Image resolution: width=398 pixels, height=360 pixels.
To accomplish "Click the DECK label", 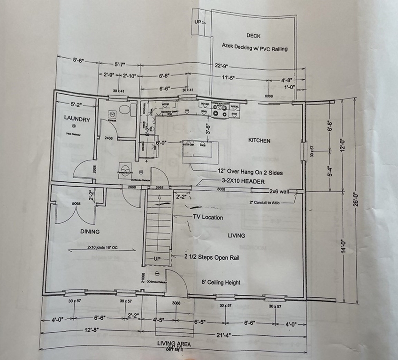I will coord(253,36).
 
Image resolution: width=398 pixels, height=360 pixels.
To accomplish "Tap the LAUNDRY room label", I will coord(77,120).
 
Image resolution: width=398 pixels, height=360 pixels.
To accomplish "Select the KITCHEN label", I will coord(259,141).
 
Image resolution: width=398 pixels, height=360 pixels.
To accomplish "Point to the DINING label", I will coord(89,232).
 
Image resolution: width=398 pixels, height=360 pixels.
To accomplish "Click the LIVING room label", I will coord(237,235).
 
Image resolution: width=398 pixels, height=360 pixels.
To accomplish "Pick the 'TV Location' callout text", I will coord(208,217).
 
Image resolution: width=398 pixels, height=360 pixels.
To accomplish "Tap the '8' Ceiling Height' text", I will coord(221,282).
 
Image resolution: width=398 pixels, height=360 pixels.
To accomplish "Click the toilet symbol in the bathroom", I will coord(124,110).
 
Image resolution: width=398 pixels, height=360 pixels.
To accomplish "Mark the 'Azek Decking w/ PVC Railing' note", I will coord(254,48).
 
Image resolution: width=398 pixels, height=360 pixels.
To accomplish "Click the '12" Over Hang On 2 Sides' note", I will coord(250,172).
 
